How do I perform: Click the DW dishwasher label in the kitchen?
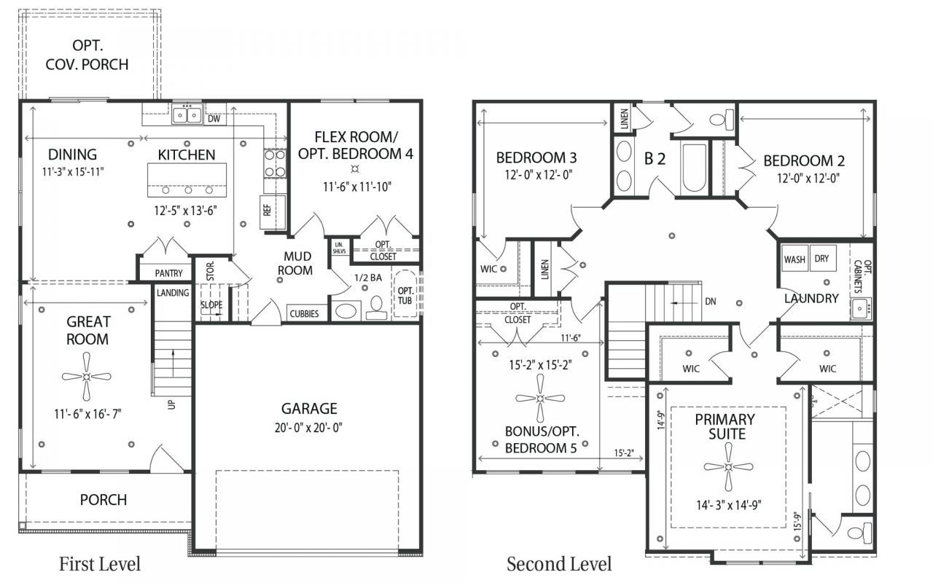click(214, 119)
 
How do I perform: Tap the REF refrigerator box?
click(273, 212)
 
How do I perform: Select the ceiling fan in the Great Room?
click(87, 377)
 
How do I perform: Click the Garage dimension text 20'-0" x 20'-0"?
click(308, 428)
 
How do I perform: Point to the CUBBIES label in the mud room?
click(305, 313)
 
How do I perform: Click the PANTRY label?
click(168, 273)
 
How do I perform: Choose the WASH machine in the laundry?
click(795, 259)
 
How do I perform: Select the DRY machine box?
click(823, 258)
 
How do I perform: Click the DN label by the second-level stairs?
click(711, 302)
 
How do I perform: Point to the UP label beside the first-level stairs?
click(171, 404)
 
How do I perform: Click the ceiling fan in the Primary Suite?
click(728, 467)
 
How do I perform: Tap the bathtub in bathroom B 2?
click(695, 168)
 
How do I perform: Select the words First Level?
click(100, 564)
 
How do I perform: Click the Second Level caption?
click(559, 564)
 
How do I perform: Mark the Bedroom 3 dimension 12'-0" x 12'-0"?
click(539, 174)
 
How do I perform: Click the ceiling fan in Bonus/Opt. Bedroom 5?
click(540, 399)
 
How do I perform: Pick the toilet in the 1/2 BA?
click(377, 308)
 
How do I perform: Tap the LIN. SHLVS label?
click(340, 248)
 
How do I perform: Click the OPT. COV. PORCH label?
click(87, 55)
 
